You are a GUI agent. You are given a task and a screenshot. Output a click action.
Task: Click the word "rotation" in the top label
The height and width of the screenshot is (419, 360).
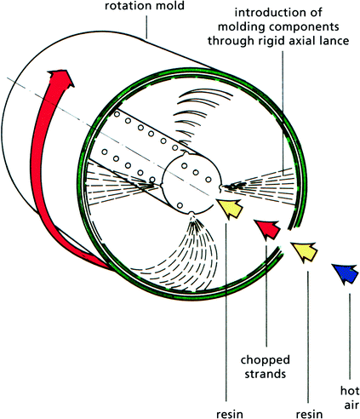click(129, 6)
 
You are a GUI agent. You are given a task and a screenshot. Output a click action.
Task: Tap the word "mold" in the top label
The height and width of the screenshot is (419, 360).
click(169, 6)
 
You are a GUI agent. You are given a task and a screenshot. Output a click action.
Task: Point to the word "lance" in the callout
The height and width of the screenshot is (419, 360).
click(334, 40)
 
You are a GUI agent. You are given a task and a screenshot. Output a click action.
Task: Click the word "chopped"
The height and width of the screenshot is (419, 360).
click(265, 360)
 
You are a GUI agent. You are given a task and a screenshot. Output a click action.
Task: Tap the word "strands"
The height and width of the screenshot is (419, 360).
click(265, 374)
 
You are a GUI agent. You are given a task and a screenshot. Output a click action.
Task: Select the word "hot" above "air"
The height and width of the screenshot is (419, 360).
click(350, 391)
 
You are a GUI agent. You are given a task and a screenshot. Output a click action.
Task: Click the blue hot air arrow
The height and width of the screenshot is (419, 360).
click(346, 273)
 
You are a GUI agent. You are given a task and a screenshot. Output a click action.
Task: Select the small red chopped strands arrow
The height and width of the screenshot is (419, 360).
click(267, 229)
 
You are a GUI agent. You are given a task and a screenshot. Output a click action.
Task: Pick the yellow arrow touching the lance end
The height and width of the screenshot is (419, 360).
click(230, 208)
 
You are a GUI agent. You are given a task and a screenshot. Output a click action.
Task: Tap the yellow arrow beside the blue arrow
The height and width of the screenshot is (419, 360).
click(305, 251)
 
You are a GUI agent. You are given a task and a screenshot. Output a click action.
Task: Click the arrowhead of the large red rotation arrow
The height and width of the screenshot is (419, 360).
click(60, 77)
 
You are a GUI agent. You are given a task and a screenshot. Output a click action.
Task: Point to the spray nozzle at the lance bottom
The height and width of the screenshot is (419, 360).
click(191, 214)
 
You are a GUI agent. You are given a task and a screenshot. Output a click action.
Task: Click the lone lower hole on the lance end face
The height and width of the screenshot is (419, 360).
click(180, 205)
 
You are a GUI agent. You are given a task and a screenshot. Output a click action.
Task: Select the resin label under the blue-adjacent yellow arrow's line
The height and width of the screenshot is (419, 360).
click(309, 415)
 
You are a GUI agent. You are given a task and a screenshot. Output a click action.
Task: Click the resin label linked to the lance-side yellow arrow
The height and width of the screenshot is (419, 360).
click(230, 415)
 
